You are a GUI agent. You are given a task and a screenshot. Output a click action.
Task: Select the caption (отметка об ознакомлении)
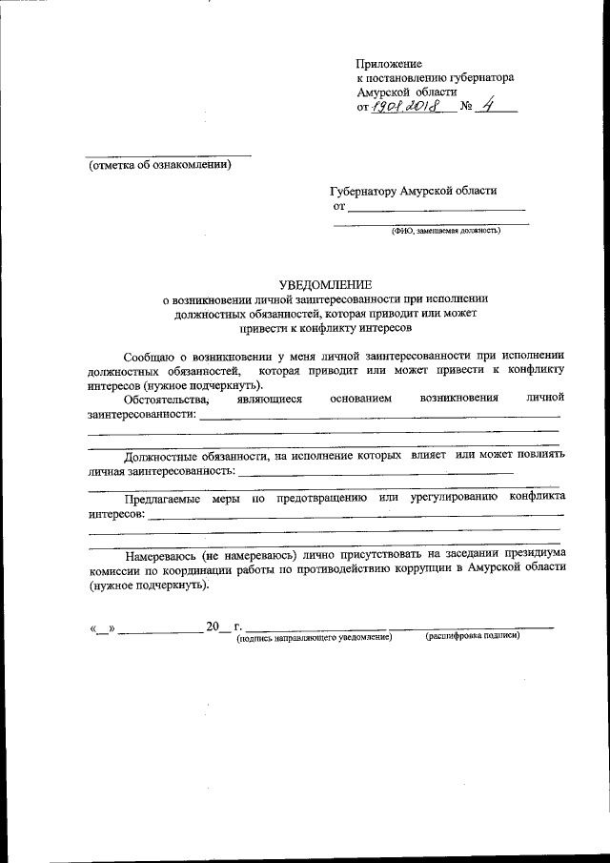pyautogui.click(x=159, y=165)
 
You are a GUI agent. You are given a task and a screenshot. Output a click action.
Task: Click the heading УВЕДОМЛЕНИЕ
pyautogui.click(x=326, y=284)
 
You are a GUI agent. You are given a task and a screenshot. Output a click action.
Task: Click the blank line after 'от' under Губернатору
pyautogui.click(x=436, y=208)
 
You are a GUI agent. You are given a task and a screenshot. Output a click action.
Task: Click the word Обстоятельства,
pyautogui.click(x=167, y=400)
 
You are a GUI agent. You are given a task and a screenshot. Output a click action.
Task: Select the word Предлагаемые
pyautogui.click(x=164, y=497)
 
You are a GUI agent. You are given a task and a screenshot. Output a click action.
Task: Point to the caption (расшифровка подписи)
pyautogui.click(x=473, y=635)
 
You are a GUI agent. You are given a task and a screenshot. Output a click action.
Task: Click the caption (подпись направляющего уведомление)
pyautogui.click(x=315, y=636)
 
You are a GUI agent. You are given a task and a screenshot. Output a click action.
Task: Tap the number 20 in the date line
pyautogui.click(x=212, y=627)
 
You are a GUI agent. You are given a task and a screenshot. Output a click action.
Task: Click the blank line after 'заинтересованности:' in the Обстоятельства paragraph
pyautogui.click(x=381, y=416)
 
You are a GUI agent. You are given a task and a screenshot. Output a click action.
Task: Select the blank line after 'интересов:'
pyautogui.click(x=356, y=514)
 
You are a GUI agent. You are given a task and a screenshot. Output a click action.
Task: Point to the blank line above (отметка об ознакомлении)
pyautogui.click(x=168, y=154)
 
